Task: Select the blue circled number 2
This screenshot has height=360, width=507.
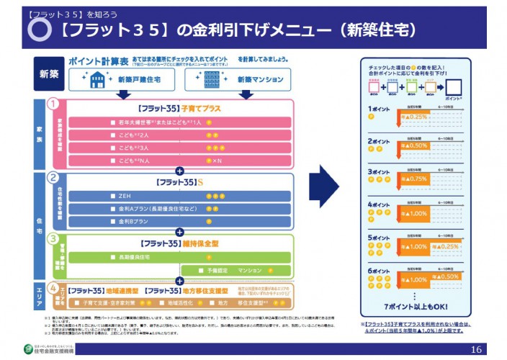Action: (53, 177)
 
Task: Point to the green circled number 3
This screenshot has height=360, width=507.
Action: (53, 238)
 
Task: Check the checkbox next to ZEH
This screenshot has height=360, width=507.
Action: (113, 196)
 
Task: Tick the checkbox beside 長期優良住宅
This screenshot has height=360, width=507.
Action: (113, 257)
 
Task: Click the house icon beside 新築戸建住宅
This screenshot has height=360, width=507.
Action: (98, 79)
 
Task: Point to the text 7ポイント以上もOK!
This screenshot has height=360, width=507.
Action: (416, 306)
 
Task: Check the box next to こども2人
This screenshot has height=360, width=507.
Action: (113, 135)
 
